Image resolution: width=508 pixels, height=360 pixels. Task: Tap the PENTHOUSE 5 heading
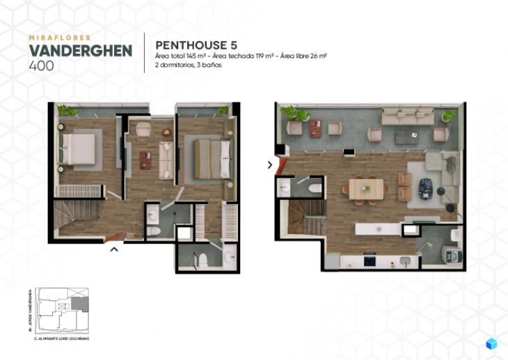(x=198, y=45)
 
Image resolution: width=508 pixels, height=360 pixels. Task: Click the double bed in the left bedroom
(x=79, y=148)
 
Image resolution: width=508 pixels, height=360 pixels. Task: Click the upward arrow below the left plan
(x=115, y=247)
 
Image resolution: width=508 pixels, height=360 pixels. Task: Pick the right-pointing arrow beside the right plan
(x=270, y=165)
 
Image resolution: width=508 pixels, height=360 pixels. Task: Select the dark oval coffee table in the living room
(x=425, y=187)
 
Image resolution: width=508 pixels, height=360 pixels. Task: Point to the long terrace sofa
(x=406, y=117)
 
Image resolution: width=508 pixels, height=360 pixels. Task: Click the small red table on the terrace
(x=316, y=129)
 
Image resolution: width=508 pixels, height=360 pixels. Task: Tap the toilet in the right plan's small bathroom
(x=314, y=188)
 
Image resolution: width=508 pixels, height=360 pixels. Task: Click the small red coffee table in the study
(x=145, y=160)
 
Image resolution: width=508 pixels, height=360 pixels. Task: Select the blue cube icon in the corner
(x=491, y=343)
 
